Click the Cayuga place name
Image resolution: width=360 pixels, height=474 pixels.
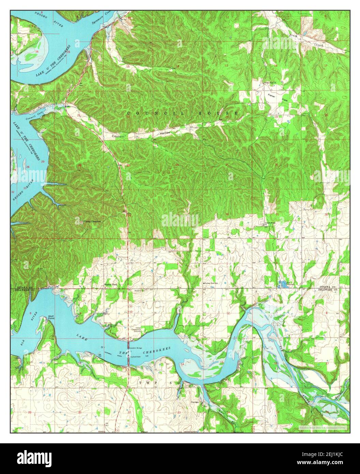pos(195,402)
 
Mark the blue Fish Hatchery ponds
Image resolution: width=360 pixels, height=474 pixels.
pos(283,284)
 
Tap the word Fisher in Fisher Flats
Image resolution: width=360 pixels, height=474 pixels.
pos(272,95)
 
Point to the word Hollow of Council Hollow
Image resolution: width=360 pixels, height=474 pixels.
pos(164,133)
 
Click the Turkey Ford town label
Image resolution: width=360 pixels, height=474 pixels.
pos(111,284)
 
